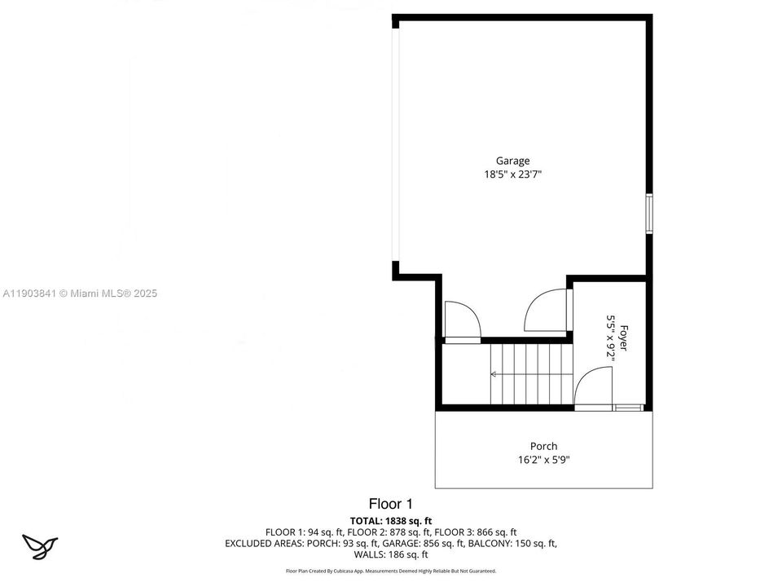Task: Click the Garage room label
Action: click(512, 161)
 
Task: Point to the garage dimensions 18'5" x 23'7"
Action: click(512, 174)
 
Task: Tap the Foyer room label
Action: click(624, 338)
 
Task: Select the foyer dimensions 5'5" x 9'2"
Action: click(611, 338)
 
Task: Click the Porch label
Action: click(543, 446)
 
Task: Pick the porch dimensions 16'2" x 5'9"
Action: click(543, 459)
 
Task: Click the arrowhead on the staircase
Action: click(493, 374)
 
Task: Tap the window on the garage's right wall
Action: click(649, 214)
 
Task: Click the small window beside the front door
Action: click(628, 407)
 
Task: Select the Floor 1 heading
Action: click(390, 504)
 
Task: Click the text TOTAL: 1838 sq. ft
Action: click(391, 520)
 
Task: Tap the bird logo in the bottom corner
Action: click(39, 545)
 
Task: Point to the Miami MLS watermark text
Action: click(80, 293)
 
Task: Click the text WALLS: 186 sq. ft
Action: click(391, 554)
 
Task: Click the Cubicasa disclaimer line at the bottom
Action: click(391, 571)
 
